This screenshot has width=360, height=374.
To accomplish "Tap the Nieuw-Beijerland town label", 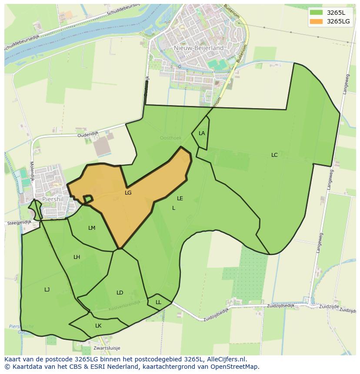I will pyautogui.click(x=198, y=48).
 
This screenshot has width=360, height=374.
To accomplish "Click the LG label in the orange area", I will pyautogui.click(x=128, y=192).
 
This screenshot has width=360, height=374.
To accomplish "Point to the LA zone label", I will pyautogui.click(x=202, y=133).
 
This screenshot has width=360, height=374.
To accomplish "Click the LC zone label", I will pyautogui.click(x=274, y=155).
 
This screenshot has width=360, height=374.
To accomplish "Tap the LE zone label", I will pyautogui.click(x=180, y=199).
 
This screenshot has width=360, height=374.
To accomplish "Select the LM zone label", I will pyautogui.click(x=92, y=228).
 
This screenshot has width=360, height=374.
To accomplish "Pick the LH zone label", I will pyautogui.click(x=77, y=257).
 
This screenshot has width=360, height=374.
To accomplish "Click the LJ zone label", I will pyautogui.click(x=47, y=290).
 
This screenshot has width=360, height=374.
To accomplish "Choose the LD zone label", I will pyautogui.click(x=120, y=293).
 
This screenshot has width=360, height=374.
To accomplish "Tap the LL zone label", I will pyautogui.click(x=158, y=302).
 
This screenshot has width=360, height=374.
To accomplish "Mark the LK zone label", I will pyautogui.click(x=98, y=326).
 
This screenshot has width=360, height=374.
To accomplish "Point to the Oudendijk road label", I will pyautogui.click(x=88, y=135).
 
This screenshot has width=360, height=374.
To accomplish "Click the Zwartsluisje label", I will pyautogui.click(x=107, y=348).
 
